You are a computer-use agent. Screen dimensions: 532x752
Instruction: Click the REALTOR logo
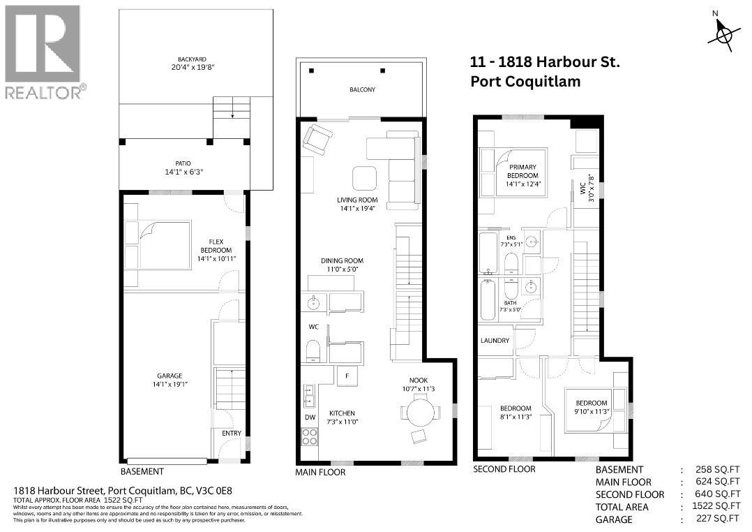43,52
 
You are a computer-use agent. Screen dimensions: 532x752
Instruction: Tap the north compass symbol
723,32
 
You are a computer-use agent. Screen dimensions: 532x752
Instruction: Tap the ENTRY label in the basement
231,434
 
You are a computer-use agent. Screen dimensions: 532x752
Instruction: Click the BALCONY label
361,89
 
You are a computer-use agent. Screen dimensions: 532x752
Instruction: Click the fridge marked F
347,376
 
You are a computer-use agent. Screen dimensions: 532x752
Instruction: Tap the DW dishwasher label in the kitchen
310,418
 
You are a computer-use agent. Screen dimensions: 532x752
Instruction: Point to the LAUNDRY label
495,341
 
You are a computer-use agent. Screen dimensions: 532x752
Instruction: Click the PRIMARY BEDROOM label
522,171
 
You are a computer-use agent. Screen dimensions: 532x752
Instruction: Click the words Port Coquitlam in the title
525,82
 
